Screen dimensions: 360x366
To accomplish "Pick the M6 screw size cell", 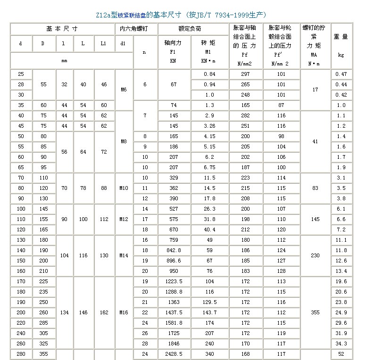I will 124,90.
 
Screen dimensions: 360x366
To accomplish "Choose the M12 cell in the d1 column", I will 124,219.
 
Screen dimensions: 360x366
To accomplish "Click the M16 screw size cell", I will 124,312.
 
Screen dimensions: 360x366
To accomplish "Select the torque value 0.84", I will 209,74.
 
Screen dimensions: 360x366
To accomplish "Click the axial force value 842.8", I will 174,250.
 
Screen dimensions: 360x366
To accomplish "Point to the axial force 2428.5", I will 174,354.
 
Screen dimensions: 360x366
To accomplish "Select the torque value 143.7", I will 209,312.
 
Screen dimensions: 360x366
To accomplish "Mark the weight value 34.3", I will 341,344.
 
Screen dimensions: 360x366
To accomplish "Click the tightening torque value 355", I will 315,312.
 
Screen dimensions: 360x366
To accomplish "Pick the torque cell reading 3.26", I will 209,126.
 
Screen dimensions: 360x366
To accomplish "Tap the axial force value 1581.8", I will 174,323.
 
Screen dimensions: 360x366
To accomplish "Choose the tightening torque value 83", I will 315,188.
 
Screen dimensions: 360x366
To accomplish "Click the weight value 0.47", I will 341,74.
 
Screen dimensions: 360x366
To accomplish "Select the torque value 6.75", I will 209,167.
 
